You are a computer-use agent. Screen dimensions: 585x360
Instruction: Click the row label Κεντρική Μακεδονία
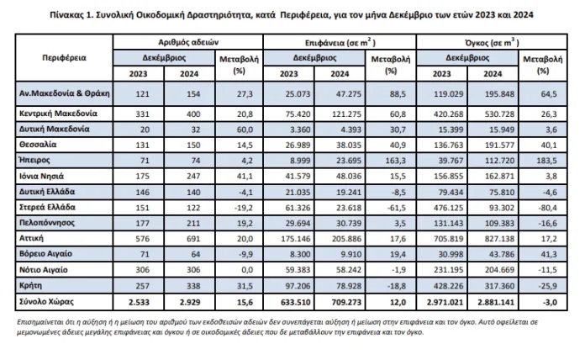click(58, 114)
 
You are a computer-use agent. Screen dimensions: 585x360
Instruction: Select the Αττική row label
click(31, 238)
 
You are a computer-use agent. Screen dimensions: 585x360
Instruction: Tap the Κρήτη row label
click(30, 285)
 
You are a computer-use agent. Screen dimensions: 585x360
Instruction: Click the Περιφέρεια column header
click(64, 58)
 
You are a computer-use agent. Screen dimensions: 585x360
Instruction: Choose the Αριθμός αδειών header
click(188, 42)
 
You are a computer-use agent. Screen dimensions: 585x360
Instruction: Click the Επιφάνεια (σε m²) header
click(340, 42)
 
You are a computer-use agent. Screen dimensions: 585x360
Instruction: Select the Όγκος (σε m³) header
click(492, 42)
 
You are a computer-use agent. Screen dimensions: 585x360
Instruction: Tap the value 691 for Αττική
click(193, 239)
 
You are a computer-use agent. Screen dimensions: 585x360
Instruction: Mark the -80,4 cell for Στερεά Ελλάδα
click(547, 208)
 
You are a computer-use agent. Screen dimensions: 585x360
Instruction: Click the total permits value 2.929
click(190, 302)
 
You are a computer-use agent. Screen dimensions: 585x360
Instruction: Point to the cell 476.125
click(449, 208)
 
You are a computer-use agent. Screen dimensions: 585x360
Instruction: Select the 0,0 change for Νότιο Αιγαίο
click(247, 270)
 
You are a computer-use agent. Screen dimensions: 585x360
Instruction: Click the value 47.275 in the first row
click(346, 93)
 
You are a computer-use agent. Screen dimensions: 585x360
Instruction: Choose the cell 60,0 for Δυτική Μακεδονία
click(245, 130)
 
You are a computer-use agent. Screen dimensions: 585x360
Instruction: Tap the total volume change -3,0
click(549, 302)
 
